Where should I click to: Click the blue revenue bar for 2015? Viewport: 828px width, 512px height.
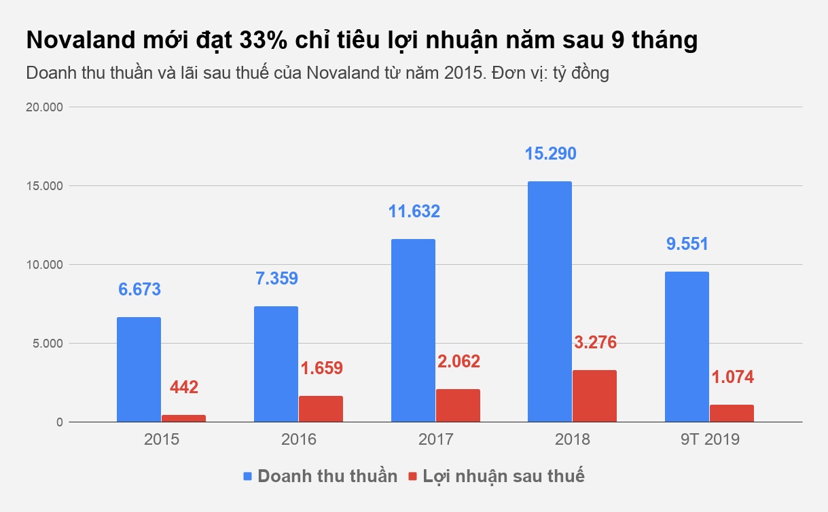[x=139, y=369]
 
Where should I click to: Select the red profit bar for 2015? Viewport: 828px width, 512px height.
[x=183, y=418]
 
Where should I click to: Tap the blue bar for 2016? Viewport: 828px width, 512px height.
[x=276, y=364]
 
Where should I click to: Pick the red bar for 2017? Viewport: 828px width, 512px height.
[x=458, y=405]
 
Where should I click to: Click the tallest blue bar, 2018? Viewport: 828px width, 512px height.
[x=550, y=301]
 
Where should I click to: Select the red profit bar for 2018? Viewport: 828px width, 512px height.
[x=594, y=396]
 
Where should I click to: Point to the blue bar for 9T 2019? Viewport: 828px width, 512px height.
[x=687, y=346]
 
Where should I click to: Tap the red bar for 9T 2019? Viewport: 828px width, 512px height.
[x=732, y=414]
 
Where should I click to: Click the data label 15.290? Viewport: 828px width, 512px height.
[x=550, y=153]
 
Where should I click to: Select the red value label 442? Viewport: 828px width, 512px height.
[x=184, y=388]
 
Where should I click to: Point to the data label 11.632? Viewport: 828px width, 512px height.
[x=414, y=211]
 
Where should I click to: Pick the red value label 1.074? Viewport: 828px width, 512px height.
[x=732, y=378]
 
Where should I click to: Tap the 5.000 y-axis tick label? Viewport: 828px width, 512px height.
[x=46, y=344]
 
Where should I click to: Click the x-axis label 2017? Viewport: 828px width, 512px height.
[x=435, y=439]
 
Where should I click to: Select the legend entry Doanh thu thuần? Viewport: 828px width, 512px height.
[x=327, y=476]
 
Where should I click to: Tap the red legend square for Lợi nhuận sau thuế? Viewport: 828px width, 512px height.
[x=412, y=476]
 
